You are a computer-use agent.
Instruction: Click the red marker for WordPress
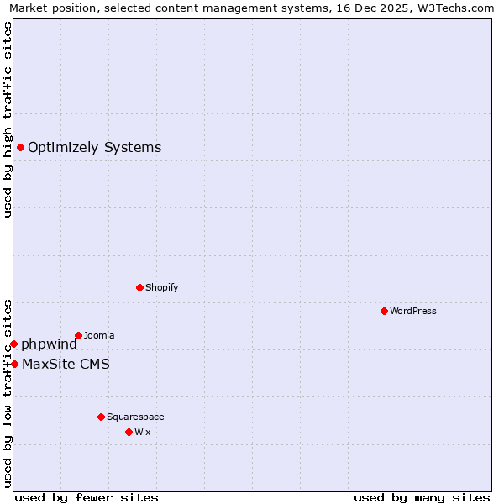point(384,311)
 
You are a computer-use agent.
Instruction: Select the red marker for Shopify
point(139,287)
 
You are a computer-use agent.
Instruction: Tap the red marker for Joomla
point(78,335)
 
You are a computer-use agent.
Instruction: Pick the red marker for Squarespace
point(101,417)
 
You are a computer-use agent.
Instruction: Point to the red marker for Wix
point(129,432)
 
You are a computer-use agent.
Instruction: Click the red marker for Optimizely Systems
point(20,148)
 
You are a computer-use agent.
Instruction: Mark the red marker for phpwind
point(13,344)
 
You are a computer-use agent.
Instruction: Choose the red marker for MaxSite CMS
point(14,364)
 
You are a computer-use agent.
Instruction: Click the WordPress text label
point(413,311)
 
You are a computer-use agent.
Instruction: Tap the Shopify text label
point(162,287)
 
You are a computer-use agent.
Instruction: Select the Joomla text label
point(99,335)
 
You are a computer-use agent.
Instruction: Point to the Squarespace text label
point(135,417)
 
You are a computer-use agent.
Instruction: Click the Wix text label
point(143,432)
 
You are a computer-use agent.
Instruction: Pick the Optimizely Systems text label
point(95,148)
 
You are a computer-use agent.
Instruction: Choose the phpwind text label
point(50,344)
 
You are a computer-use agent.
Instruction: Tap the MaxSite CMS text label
point(66,364)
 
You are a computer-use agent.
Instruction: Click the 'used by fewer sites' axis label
point(87,497)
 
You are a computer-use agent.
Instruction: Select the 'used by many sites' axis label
point(422,497)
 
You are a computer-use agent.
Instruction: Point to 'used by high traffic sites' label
point(8,119)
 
